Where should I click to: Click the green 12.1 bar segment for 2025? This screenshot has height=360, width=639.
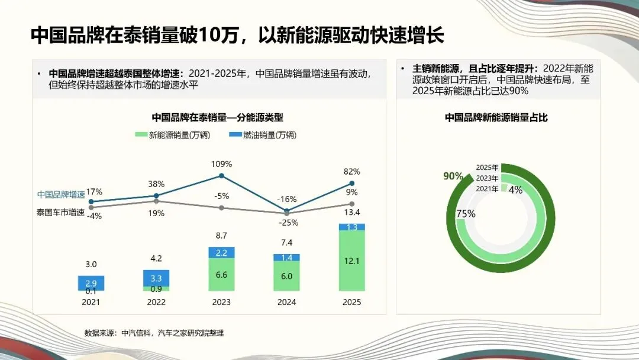(351, 261)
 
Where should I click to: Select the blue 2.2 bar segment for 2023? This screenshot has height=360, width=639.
(221, 253)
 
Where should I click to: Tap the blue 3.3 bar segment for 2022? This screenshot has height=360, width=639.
(156, 278)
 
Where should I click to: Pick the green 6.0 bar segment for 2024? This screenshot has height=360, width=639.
(286, 276)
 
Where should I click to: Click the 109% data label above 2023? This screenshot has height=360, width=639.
(222, 163)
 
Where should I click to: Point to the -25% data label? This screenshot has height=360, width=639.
(289, 223)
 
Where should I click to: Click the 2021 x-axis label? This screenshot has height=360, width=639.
(91, 301)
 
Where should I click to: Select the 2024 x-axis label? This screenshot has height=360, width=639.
(286, 301)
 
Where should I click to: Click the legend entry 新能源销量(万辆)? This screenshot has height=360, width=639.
(173, 135)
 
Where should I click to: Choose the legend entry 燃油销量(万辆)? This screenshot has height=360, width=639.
(264, 135)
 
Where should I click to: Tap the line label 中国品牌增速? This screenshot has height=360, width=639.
(61, 194)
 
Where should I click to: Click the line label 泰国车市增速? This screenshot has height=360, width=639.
(61, 211)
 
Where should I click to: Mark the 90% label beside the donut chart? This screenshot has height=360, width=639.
(453, 176)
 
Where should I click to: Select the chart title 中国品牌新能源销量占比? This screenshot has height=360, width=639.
(496, 117)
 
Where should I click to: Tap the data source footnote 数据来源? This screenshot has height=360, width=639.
(154, 333)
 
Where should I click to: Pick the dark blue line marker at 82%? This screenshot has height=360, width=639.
(351, 184)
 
